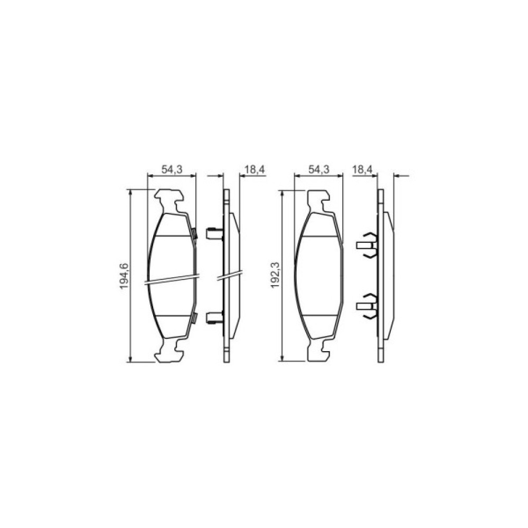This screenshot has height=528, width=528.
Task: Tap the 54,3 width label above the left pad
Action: (x=171, y=169)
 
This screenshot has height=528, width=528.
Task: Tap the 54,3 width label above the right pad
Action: (x=319, y=169)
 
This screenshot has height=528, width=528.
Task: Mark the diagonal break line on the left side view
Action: (x=230, y=275)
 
